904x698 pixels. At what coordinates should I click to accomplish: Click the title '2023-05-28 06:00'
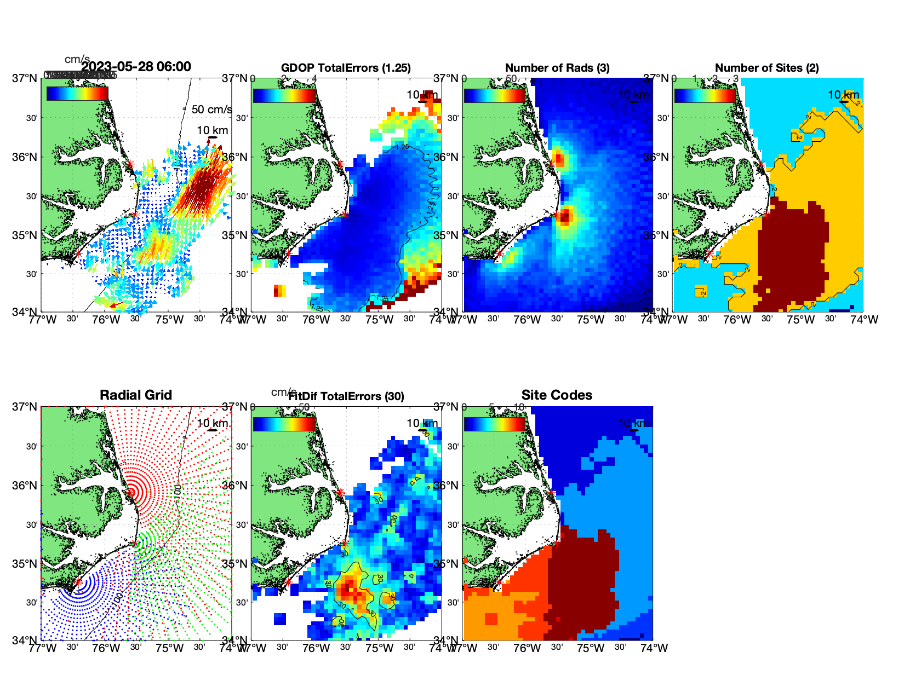coord(136,67)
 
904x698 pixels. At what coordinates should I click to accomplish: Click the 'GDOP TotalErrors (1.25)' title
coord(346,68)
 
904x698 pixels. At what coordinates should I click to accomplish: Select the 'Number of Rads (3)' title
coord(557,68)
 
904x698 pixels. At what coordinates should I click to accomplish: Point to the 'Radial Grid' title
coord(136,395)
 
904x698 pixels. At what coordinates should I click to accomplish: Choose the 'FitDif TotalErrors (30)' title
coord(346,396)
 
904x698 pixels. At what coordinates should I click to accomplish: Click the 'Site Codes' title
coord(557,395)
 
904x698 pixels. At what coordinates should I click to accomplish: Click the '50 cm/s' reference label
coord(211,109)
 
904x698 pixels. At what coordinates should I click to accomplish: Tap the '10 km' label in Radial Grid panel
coord(212,423)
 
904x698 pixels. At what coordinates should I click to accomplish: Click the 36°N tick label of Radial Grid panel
coord(25,486)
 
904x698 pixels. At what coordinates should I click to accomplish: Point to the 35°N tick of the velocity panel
coord(25,235)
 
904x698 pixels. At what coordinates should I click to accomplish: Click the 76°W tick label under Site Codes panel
coord(527,648)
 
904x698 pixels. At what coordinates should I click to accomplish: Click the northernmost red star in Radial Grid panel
coord(131,492)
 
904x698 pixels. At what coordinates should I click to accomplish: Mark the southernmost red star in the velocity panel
coord(78,253)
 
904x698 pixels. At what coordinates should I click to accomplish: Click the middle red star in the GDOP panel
coord(345,215)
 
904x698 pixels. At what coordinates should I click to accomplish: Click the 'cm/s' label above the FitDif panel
coord(283,392)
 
